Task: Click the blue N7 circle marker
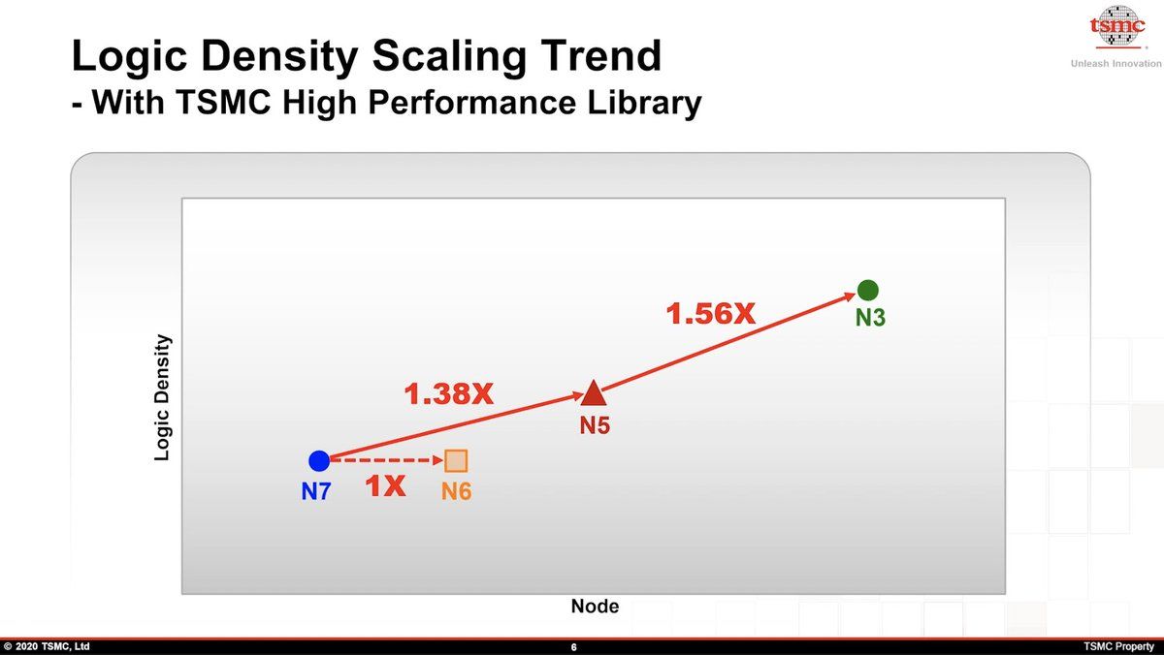(x=319, y=460)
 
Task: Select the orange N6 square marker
(x=456, y=460)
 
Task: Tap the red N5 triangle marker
(x=594, y=392)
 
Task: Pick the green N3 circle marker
(x=867, y=290)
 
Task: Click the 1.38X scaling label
(x=448, y=394)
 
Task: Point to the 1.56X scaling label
(x=710, y=314)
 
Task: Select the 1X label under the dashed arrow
(x=385, y=485)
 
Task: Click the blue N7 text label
(x=316, y=491)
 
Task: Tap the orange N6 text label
(x=456, y=491)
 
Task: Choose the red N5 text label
(x=595, y=425)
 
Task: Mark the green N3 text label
(x=870, y=317)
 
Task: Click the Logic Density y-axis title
(x=162, y=397)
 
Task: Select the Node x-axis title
(x=595, y=606)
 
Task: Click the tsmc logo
(x=1117, y=26)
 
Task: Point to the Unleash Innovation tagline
(x=1115, y=63)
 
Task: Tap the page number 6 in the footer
(x=573, y=646)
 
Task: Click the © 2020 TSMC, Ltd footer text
(x=47, y=646)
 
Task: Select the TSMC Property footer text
(x=1118, y=646)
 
